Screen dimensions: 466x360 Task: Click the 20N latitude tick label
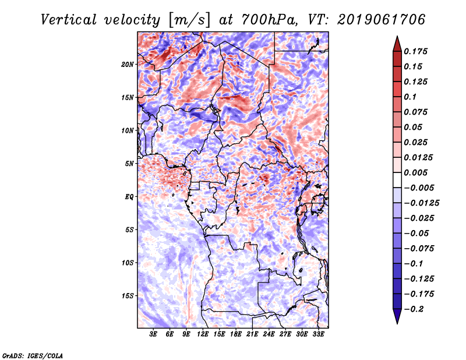point(128,65)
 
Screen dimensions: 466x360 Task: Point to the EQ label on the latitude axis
point(129,197)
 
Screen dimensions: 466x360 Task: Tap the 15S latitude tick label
point(128,296)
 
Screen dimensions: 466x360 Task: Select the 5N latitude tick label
point(129,164)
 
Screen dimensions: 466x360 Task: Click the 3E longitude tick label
point(153,334)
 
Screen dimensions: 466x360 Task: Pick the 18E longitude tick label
point(236,334)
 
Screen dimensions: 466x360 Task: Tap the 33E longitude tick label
point(318,334)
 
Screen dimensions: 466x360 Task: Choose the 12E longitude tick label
point(203,334)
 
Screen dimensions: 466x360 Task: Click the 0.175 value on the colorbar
point(415,51)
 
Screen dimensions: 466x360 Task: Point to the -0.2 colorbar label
point(414,309)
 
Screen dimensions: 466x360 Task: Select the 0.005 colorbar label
point(415,172)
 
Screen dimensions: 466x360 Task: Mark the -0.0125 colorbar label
point(421,203)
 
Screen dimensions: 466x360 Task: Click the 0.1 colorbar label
point(410,97)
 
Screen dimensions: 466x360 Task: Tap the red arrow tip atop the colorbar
point(397,37)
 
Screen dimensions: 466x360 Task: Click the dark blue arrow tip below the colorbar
point(397,323)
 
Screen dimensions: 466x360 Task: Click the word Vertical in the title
point(69,20)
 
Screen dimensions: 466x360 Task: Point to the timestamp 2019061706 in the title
point(382,20)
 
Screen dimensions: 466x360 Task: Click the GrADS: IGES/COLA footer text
point(33,355)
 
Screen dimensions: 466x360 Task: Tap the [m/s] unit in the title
point(189,20)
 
